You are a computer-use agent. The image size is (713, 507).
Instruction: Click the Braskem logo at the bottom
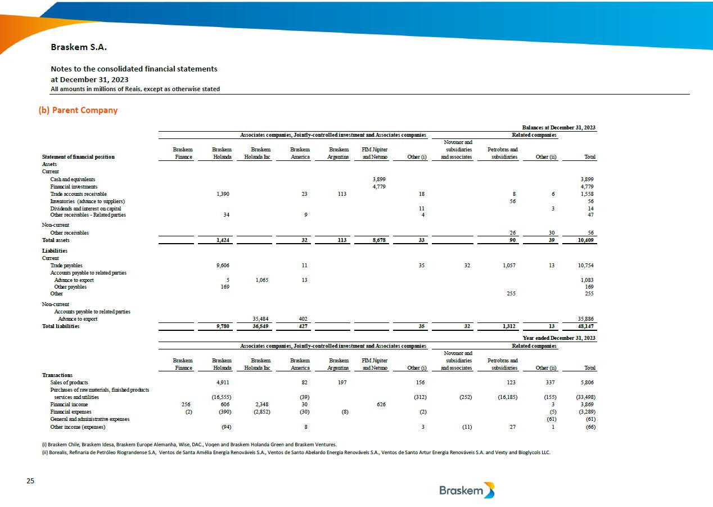tap(467, 490)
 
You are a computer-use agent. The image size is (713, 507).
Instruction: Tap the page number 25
tap(30, 481)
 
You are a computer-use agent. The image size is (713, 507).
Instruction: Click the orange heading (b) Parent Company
tap(78, 110)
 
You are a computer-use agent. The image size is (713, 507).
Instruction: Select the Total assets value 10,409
tap(584, 240)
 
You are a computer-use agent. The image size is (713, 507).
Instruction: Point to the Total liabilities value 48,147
tap(584, 326)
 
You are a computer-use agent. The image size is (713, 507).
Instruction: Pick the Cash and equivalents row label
tap(73, 180)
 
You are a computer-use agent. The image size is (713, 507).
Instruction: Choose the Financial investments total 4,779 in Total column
tap(587, 187)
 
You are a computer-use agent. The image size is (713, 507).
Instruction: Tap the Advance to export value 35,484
tap(262, 319)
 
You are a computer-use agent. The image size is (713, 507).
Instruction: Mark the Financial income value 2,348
tap(263, 405)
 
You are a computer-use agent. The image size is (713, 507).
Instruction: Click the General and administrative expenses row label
tap(89, 419)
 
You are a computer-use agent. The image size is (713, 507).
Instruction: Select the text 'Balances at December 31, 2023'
tap(558, 128)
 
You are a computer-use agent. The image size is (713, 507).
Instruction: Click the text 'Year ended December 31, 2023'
tap(559, 338)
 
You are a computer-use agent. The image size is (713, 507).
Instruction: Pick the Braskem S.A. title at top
tap(79, 47)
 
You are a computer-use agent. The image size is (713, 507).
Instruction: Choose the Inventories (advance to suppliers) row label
tap(87, 201)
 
